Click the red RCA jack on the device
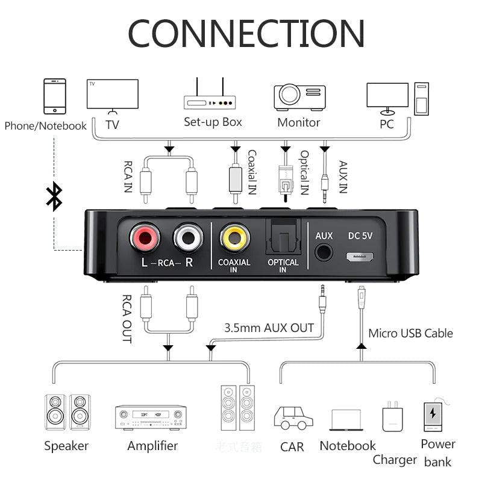145,238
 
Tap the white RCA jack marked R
188,238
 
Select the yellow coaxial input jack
234,238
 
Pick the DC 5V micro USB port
360,255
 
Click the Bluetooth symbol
54,196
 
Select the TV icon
112,96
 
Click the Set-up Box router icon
213,96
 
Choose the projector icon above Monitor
299,96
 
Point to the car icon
293,417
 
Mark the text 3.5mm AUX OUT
269,328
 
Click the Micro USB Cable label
410,333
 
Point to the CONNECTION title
246,33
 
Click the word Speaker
66,446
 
